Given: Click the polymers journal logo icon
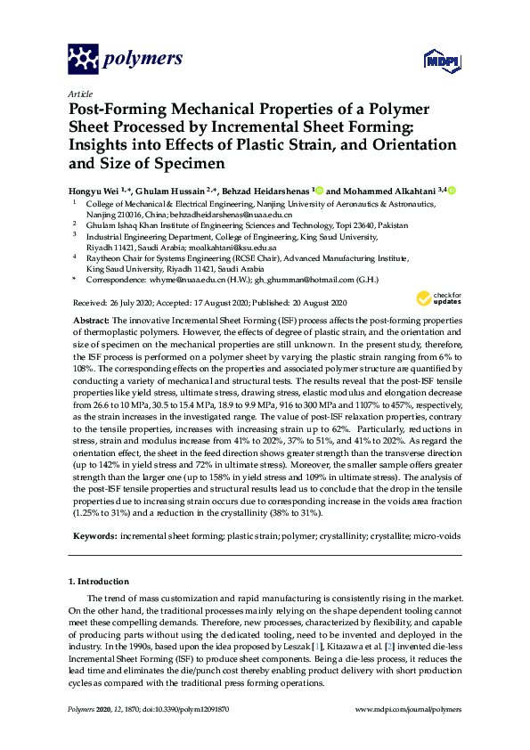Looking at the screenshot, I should pyautogui.click(x=83, y=59).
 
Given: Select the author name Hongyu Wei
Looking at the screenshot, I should pyautogui.click(x=94, y=191).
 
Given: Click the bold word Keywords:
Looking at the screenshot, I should pyautogui.click(x=92, y=538).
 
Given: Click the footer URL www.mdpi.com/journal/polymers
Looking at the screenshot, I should pyautogui.click(x=408, y=709).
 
